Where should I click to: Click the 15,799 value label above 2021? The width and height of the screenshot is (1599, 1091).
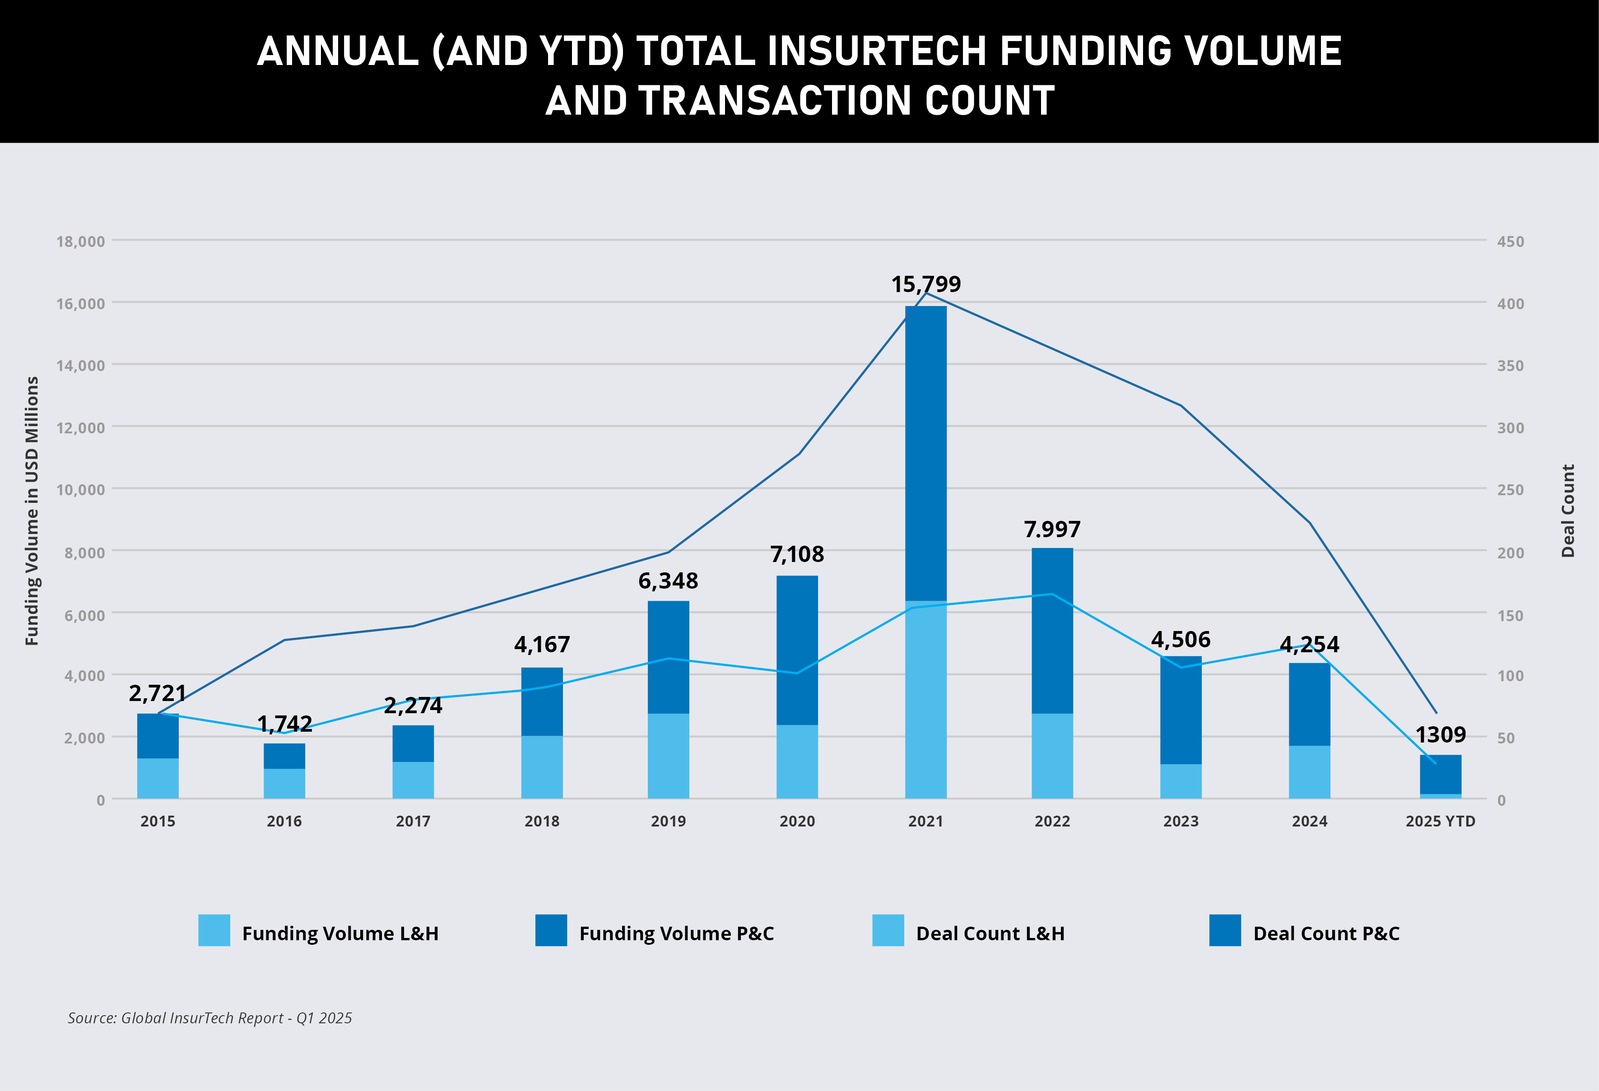coord(925,284)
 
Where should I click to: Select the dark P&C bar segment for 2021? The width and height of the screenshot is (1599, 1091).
coord(925,454)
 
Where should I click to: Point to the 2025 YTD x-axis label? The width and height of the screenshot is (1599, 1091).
coord(1440,822)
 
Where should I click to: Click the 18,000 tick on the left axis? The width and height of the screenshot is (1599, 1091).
coord(80,241)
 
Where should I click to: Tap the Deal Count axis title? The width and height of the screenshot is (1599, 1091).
coord(1567,511)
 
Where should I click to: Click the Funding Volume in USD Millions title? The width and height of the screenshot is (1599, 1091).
coord(32,511)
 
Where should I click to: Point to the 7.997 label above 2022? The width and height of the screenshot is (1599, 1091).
coord(1052,529)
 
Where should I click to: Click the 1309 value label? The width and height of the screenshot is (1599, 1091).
coord(1440,735)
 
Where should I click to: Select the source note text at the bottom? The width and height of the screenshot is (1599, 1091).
coord(210,1018)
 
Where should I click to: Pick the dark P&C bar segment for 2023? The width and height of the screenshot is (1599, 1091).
coord(1181,710)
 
